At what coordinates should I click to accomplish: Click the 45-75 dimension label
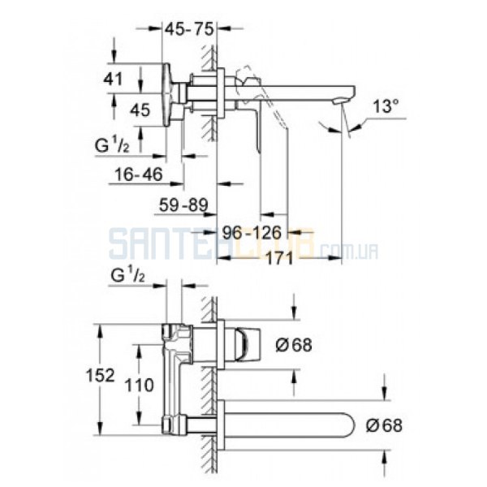tap(189, 29)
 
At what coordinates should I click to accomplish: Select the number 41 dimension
tap(113, 79)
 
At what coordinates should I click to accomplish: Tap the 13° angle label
tap(386, 106)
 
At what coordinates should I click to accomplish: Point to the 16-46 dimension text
tap(139, 175)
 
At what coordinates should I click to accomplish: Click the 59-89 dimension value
tap(183, 205)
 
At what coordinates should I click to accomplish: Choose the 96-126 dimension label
tap(252, 232)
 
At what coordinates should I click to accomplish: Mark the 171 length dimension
tap(280, 257)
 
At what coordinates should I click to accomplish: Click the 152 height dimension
tap(101, 375)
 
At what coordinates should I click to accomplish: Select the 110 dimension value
tap(139, 385)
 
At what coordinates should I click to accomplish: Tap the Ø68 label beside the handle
tap(294, 344)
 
